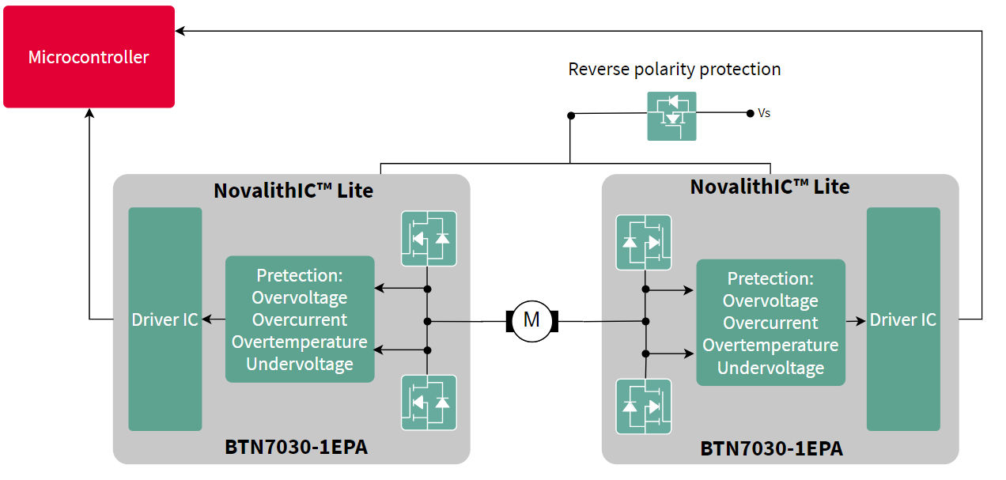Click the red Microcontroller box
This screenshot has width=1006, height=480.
[89, 57]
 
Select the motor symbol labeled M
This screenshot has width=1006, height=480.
[531, 320]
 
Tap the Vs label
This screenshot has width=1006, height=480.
[764, 113]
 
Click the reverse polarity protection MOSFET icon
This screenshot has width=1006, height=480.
[671, 116]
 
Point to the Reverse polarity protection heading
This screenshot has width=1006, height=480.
[674, 70]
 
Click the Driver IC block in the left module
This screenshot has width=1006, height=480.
[165, 319]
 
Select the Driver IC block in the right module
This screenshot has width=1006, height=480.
[903, 319]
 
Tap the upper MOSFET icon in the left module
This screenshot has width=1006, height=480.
[429, 238]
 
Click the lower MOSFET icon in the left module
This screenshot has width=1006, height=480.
[429, 403]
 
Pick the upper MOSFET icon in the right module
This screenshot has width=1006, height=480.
[643, 242]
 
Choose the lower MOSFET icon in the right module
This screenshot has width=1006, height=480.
[643, 406]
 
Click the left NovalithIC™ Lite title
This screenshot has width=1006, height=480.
[293, 191]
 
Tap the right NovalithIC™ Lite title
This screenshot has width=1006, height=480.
[770, 187]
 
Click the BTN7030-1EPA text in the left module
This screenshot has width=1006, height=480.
[296, 448]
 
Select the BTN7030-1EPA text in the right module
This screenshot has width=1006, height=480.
[771, 448]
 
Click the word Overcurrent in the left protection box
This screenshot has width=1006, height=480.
[299, 319]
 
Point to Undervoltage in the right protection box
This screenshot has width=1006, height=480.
[770, 368]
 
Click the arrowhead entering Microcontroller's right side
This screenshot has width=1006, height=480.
[180, 31]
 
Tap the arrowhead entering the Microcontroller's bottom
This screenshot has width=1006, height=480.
[89, 114]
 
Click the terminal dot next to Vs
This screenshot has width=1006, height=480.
[750, 113]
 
